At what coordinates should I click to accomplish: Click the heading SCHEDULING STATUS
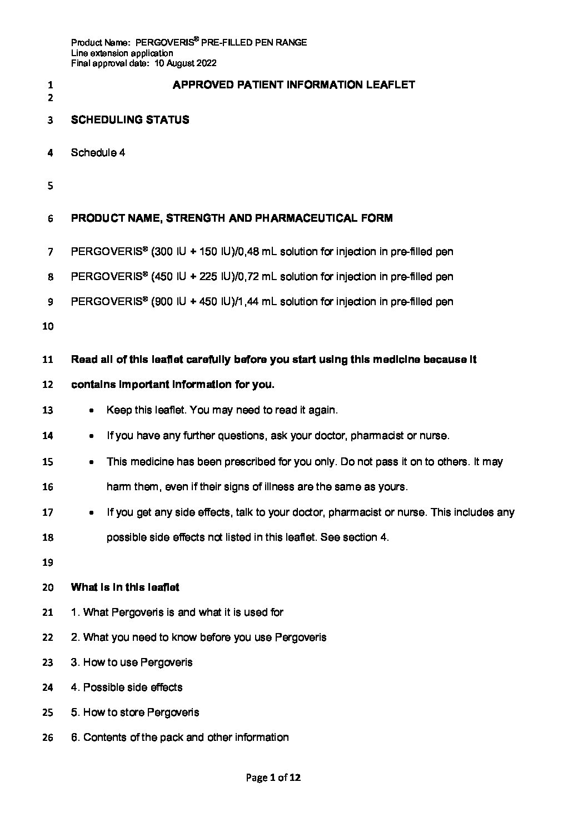point(130,120)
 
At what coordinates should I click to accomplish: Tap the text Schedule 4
point(98,153)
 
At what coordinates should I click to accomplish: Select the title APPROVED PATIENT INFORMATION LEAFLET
point(294,85)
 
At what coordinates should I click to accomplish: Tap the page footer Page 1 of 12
point(273,778)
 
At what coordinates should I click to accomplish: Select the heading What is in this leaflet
point(125,587)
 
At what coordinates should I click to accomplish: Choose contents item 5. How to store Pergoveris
point(135,713)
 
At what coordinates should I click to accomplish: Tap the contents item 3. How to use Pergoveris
point(132,662)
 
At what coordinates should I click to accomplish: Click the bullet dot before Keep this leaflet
point(91,411)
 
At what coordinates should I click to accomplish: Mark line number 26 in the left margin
point(47,738)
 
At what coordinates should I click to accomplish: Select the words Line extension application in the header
point(122,53)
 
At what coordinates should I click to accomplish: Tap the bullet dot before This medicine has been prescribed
point(91,462)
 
